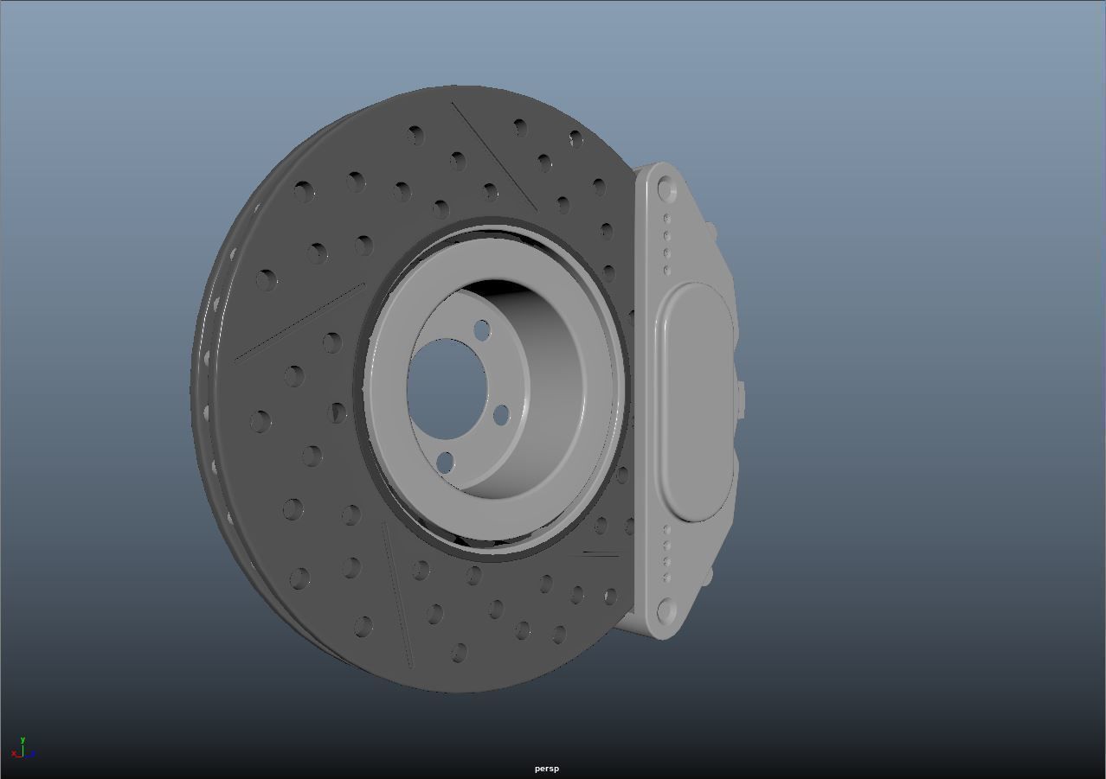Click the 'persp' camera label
tap(546, 769)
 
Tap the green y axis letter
tap(23, 740)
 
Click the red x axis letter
tap(15, 754)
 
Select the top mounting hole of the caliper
tap(665, 188)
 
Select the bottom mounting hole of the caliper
tap(666, 611)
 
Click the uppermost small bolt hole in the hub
tap(482, 329)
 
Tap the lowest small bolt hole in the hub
tap(445, 462)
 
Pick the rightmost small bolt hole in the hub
tap(501, 415)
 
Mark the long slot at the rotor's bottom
tap(397, 596)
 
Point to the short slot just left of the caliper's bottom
tap(601, 553)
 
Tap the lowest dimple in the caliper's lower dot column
tap(666, 578)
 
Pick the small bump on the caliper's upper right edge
tap(711, 230)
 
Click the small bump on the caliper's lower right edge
tap(710, 574)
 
